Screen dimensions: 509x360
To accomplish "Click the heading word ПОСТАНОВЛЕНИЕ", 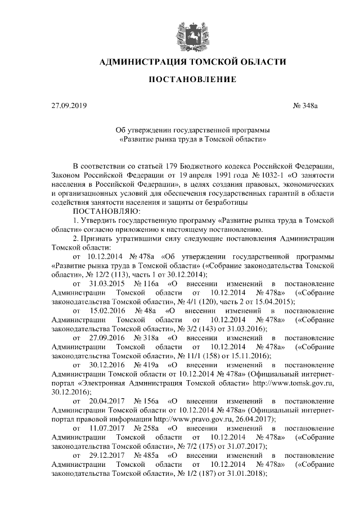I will (192, 81).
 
